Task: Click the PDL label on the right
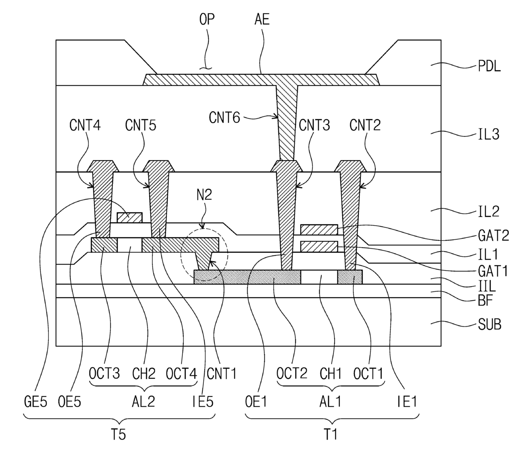click(x=489, y=66)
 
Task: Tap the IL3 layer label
click(x=489, y=134)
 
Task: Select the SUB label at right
click(x=490, y=324)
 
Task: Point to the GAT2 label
click(x=493, y=236)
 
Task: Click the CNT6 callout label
click(x=224, y=118)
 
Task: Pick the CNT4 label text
click(x=85, y=125)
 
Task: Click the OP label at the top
click(x=207, y=19)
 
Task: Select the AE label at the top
click(x=262, y=19)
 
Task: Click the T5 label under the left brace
click(x=118, y=435)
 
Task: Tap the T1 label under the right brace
click(x=330, y=435)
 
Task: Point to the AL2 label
click(x=143, y=402)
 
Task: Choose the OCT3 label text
click(x=104, y=373)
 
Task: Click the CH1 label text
click(x=330, y=373)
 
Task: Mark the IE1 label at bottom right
click(x=407, y=402)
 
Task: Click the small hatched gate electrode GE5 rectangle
click(x=130, y=217)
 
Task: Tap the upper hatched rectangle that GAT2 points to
click(x=319, y=230)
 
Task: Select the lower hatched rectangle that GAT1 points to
click(x=319, y=247)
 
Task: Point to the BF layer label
click(x=486, y=300)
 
